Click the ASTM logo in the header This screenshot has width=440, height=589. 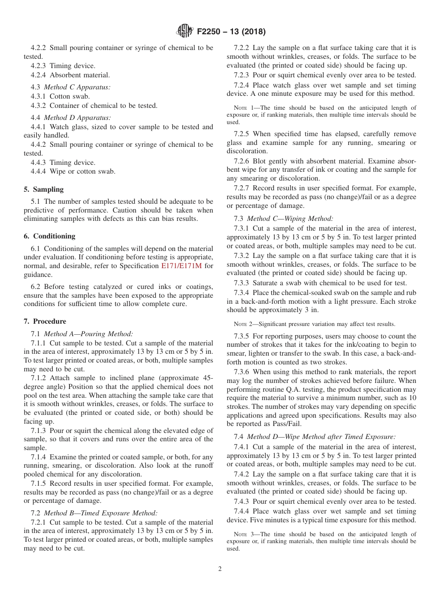[185, 31]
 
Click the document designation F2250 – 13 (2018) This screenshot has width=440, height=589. [231, 32]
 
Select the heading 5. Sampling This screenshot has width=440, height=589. [44, 189]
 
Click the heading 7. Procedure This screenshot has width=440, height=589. [45, 321]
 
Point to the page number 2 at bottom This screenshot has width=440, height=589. [220, 569]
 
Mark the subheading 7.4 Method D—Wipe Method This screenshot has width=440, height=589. [315, 437]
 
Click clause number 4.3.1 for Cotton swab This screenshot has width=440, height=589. [39, 96]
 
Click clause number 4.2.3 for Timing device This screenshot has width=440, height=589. [39, 66]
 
